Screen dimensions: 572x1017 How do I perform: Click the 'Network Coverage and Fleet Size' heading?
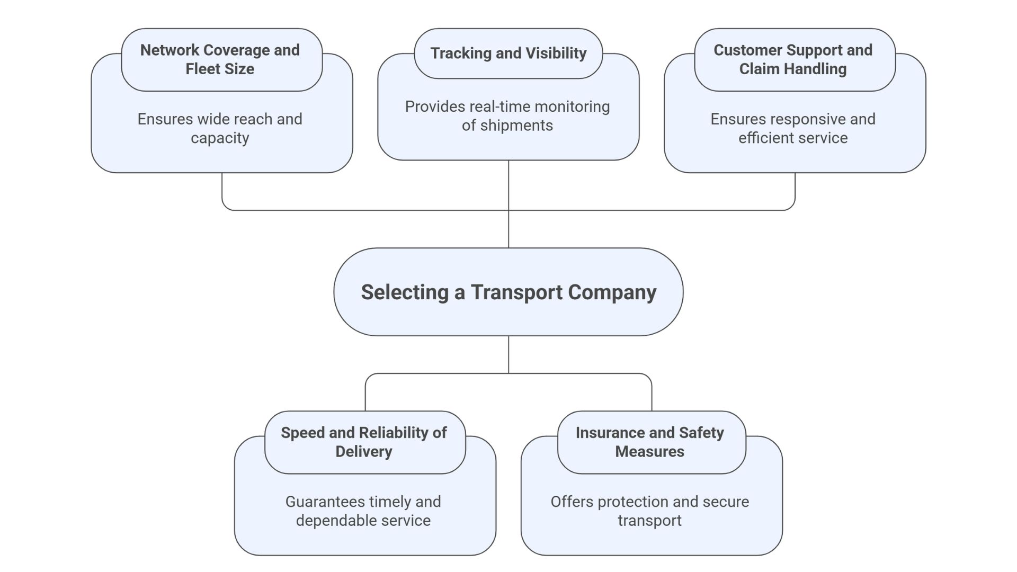[x=220, y=59]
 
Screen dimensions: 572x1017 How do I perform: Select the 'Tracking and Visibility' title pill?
[x=508, y=53]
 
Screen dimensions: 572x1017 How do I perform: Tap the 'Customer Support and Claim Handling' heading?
[x=793, y=59]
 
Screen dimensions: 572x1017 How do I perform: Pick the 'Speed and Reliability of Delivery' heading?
[x=364, y=442]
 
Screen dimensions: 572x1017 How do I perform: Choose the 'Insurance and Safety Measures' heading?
[x=650, y=442]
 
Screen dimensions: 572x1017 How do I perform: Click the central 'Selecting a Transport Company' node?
[x=508, y=292]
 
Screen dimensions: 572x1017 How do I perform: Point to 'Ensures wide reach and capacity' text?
[x=220, y=128]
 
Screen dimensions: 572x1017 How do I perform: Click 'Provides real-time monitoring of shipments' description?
[x=507, y=116]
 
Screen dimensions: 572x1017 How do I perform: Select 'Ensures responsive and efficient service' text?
[x=793, y=128]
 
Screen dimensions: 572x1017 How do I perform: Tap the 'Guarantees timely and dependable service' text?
[x=363, y=511]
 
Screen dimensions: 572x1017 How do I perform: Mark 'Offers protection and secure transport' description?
[x=650, y=511]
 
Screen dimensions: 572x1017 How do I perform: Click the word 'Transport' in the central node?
[x=517, y=292]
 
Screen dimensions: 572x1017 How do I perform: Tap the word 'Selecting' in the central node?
[x=405, y=292]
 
